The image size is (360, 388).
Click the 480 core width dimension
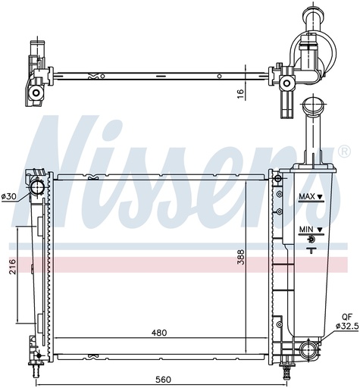[159, 333]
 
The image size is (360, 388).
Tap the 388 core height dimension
[241, 257]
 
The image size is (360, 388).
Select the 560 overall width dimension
[163, 380]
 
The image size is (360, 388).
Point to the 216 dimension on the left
[12, 267]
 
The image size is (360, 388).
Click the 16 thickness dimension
[241, 94]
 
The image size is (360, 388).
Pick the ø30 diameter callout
[10, 196]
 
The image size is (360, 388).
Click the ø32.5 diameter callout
[347, 327]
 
